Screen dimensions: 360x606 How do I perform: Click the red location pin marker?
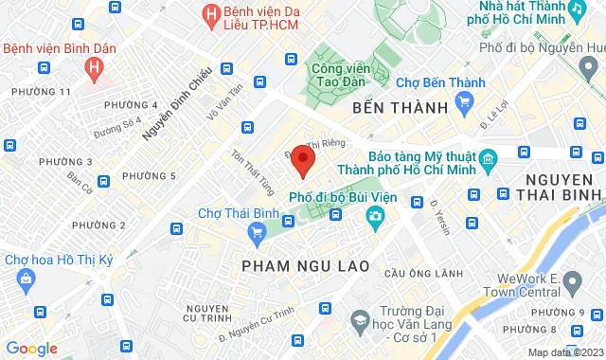click(x=302, y=160)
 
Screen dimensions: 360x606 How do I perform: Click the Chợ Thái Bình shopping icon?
click(x=256, y=231)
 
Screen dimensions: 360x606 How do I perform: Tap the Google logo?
click(x=31, y=349)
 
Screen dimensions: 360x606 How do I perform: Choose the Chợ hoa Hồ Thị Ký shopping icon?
click(x=25, y=279)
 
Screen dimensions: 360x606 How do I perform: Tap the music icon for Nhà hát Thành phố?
click(x=577, y=9)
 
